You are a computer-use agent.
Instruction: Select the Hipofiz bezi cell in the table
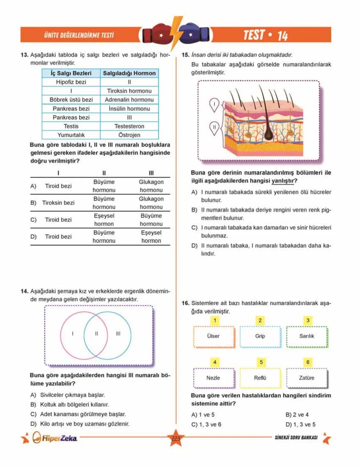(x=71, y=82)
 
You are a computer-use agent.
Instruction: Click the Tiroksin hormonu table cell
(x=129, y=91)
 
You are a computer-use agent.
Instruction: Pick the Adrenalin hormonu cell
(x=129, y=100)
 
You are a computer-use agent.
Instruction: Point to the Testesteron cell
(x=129, y=126)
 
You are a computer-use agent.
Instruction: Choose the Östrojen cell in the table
(x=129, y=135)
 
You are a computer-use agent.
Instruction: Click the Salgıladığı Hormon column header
(x=129, y=73)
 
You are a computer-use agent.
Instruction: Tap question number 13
(x=24, y=55)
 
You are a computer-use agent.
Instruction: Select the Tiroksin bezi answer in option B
(x=58, y=203)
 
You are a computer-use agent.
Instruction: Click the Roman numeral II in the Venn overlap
(x=96, y=334)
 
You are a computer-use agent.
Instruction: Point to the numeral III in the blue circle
(x=118, y=334)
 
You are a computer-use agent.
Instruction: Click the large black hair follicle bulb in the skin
(x=269, y=133)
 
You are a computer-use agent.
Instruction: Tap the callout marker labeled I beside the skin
(x=214, y=104)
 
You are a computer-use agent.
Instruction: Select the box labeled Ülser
(x=213, y=336)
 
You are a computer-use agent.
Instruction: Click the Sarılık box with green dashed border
(x=307, y=336)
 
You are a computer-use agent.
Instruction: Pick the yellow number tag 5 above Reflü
(x=261, y=362)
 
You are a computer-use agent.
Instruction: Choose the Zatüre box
(x=307, y=378)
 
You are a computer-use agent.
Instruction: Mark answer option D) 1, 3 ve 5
(x=300, y=425)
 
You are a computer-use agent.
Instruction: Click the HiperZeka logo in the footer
(x=55, y=438)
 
